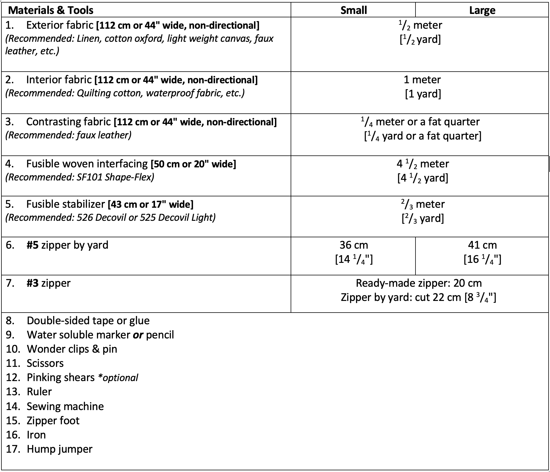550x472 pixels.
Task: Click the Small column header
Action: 353,10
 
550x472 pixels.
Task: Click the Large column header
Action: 482,10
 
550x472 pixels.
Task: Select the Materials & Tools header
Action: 51,10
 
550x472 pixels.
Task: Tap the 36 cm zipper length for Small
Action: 353,245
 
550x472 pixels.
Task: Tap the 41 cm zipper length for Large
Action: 482,245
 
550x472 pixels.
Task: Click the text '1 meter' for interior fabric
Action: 422,80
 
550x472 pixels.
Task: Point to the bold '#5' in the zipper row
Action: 32,245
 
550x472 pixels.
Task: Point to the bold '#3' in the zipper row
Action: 32,283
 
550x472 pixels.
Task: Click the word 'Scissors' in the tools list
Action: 45,363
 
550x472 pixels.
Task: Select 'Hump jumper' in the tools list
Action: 59,449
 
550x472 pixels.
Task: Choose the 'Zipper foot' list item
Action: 53,421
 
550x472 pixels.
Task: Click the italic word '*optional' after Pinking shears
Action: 118,378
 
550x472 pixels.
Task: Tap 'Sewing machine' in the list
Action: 65,406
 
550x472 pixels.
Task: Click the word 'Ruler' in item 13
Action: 39,392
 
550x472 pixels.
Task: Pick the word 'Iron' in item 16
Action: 36,435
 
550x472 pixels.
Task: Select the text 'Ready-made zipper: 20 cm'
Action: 419,283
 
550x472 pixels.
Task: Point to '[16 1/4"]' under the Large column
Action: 482,259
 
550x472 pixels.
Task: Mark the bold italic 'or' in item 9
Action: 138,335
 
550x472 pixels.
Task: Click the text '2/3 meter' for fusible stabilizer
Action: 423,204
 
